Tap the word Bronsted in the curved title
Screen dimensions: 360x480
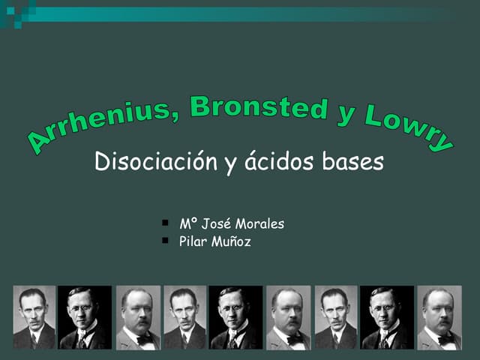coord(259,108)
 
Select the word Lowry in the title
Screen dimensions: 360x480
coord(409,126)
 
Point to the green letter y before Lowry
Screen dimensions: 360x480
coord(346,115)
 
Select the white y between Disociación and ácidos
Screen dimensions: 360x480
coord(231,165)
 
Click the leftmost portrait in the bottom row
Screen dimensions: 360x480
coord(34,317)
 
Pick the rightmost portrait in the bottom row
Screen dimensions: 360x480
coord(439,317)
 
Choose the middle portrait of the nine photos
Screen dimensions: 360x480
coord(235,317)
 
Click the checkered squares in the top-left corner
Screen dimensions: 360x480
coord(16,13)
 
